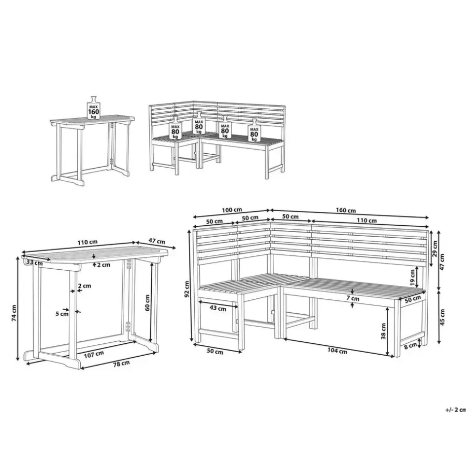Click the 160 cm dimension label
(346, 210)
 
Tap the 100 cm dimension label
(232, 210)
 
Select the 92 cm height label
(186, 289)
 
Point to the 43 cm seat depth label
(218, 309)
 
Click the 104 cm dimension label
(337, 351)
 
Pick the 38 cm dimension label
(383, 331)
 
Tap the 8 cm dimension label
(411, 346)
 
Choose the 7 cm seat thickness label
(353, 298)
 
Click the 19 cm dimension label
(412, 278)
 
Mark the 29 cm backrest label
(435, 249)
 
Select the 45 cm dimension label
(443, 317)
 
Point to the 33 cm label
(35, 263)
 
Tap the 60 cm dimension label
(147, 302)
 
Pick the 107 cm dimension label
(94, 354)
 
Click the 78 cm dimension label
(121, 363)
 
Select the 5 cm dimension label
(62, 314)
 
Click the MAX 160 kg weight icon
(94, 108)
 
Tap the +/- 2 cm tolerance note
(456, 410)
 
